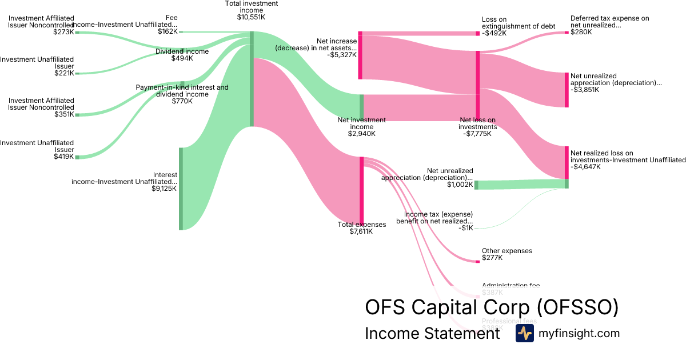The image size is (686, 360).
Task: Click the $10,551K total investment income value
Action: pyautogui.click(x=251, y=18)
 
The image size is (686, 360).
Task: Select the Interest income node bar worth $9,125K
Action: pyautogui.click(x=181, y=189)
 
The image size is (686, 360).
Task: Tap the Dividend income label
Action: pyautogui.click(x=182, y=51)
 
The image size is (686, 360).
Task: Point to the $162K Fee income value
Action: pyautogui.click(x=167, y=32)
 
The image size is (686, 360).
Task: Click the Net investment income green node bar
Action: pyautogui.click(x=361, y=106)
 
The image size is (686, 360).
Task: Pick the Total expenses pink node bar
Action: pyautogui.click(x=361, y=191)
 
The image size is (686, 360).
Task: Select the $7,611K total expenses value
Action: pyautogui.click(x=361, y=231)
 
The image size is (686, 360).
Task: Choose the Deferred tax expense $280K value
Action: pyautogui.click(x=581, y=33)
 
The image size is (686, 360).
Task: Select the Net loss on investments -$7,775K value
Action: pyautogui.click(x=477, y=134)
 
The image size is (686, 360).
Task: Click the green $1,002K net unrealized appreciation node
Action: pyautogui.click(x=476, y=185)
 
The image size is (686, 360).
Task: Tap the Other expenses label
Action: pyautogui.click(x=506, y=251)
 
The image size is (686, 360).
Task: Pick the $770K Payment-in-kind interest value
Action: pyautogui.click(x=182, y=101)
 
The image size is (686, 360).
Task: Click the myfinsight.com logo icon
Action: pyautogui.click(x=524, y=333)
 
